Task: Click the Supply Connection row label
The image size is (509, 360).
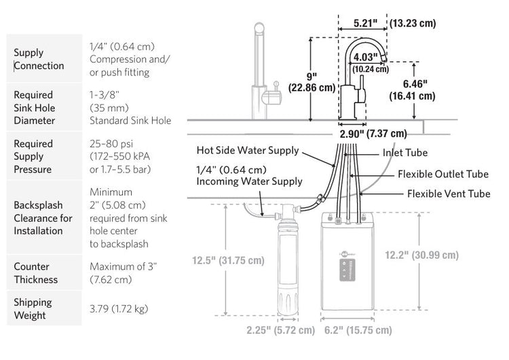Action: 39,59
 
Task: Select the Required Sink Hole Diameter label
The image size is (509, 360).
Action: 34,107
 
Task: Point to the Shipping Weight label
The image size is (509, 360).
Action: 33,308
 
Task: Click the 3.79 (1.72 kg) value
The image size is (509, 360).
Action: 119,308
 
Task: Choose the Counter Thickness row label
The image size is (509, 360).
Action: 36,273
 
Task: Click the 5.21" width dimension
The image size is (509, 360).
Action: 366,23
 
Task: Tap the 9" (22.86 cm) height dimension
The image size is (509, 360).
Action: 312,82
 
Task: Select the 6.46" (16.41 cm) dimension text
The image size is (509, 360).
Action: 412,90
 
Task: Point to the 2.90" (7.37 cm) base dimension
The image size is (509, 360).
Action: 373,134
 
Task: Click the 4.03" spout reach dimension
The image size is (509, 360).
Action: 366,57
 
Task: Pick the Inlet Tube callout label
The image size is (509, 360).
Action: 404,152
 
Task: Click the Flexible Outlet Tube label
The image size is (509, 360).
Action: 443,174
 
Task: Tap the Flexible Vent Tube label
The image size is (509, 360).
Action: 449,194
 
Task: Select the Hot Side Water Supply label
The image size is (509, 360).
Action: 248,150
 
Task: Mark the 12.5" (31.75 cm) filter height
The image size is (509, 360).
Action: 228,260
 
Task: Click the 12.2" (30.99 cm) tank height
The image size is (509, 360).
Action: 421,255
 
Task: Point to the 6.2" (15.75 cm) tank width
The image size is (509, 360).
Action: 358,330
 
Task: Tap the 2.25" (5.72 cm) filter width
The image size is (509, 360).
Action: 281,330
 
